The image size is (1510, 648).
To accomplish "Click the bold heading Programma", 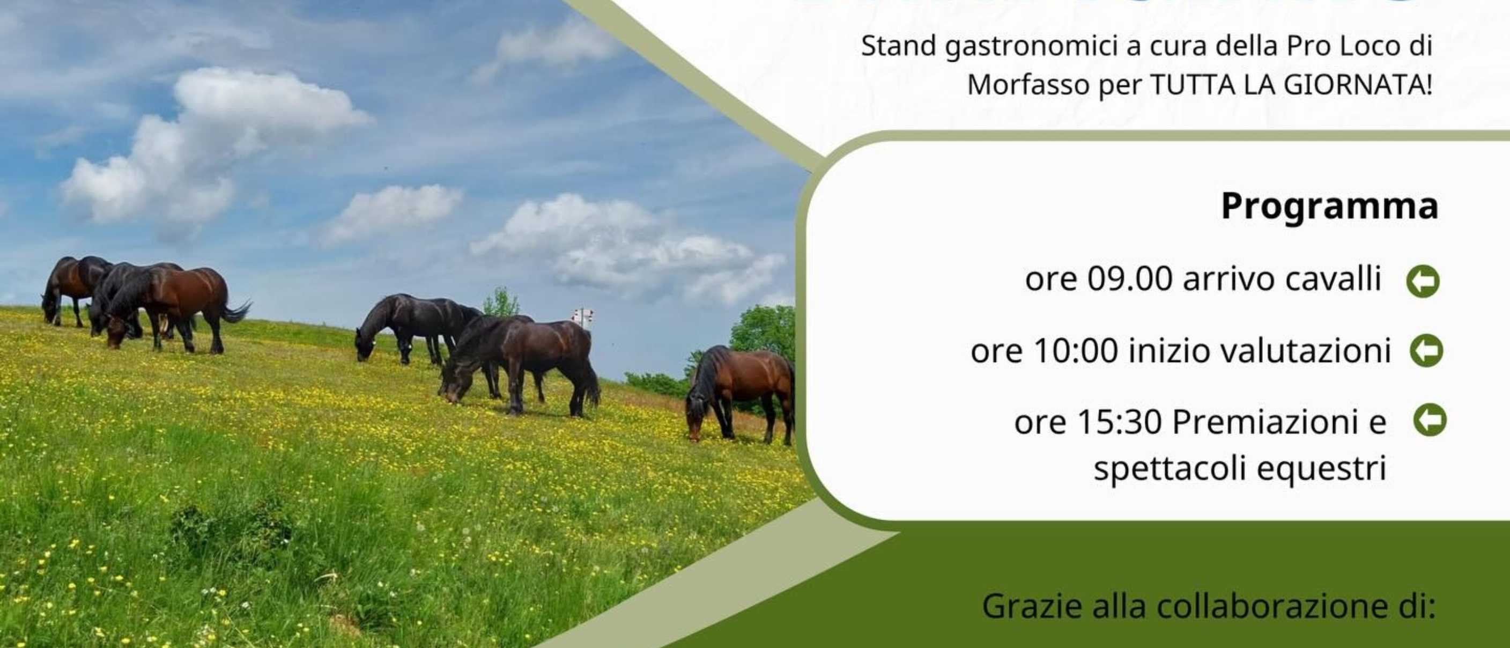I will tap(1329, 207).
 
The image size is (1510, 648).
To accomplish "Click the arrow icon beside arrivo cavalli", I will tap(1423, 281).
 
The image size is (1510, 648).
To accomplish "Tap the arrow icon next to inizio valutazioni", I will tap(1426, 351).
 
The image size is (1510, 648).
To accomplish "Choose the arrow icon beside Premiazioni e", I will tap(1430, 420).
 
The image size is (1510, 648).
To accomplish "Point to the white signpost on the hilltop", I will tap(582, 317).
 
